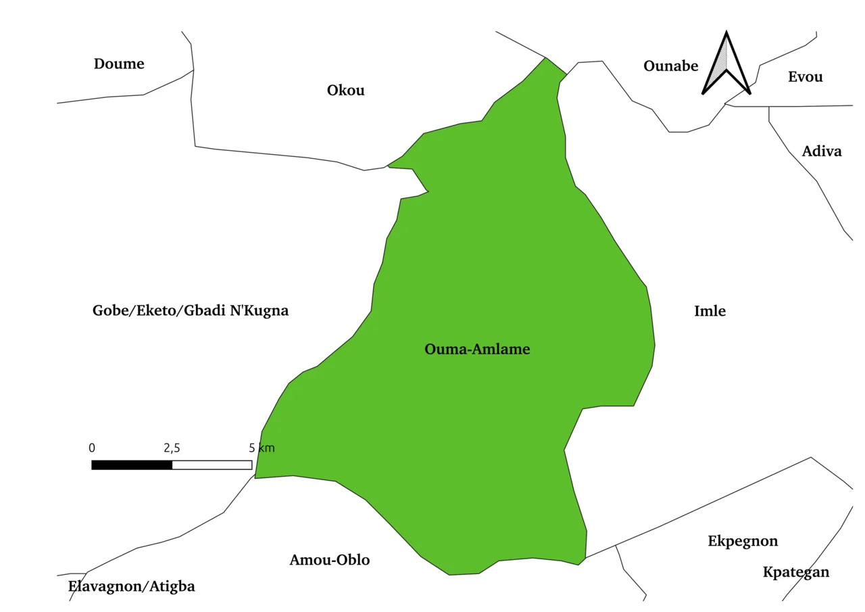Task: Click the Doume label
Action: point(119,64)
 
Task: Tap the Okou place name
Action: point(345,91)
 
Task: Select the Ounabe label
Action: point(670,66)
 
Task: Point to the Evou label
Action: point(805,77)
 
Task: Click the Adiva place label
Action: point(822,151)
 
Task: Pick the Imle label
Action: point(710,311)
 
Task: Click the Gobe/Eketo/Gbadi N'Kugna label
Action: point(191,311)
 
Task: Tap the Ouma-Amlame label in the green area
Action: point(477,350)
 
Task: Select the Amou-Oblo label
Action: point(330,560)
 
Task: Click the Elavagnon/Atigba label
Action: point(132,586)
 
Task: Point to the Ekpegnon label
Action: point(743,542)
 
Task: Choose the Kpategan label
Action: point(796,573)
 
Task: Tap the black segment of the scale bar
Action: point(132,465)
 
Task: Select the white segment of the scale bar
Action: point(212,465)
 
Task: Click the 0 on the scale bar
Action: point(92,448)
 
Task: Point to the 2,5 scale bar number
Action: point(172,448)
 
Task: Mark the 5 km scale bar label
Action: point(262,448)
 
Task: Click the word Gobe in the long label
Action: point(112,311)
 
